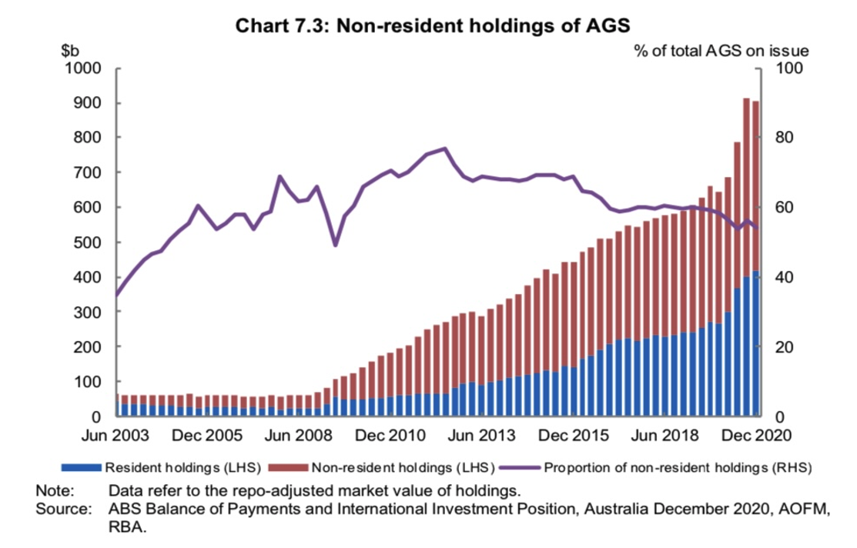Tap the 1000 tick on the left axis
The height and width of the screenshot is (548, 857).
click(85, 68)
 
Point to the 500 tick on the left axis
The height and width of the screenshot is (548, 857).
click(89, 242)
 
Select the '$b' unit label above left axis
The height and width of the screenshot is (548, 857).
click(72, 51)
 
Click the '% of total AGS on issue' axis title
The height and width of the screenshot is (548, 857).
click(721, 51)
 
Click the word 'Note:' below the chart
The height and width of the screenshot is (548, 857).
click(55, 490)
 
